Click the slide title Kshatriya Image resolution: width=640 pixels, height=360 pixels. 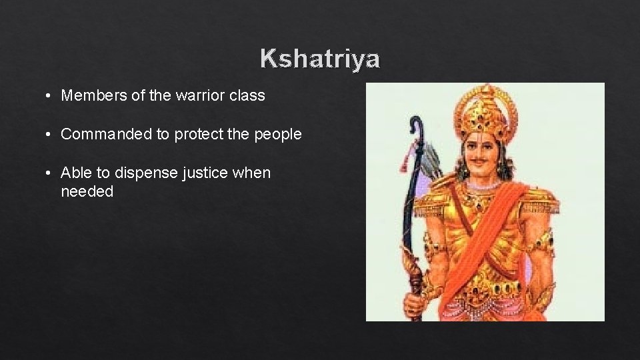click(320, 59)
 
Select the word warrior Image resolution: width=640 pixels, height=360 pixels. click(193, 96)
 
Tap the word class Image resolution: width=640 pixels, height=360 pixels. click(248, 96)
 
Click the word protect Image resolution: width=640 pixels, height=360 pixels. click(199, 135)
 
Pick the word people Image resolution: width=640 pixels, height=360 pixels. click(277, 135)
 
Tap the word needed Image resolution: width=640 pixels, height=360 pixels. click(87, 192)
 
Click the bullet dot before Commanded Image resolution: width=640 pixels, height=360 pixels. click(50, 135)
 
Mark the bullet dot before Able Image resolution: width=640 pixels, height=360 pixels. click(50, 173)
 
